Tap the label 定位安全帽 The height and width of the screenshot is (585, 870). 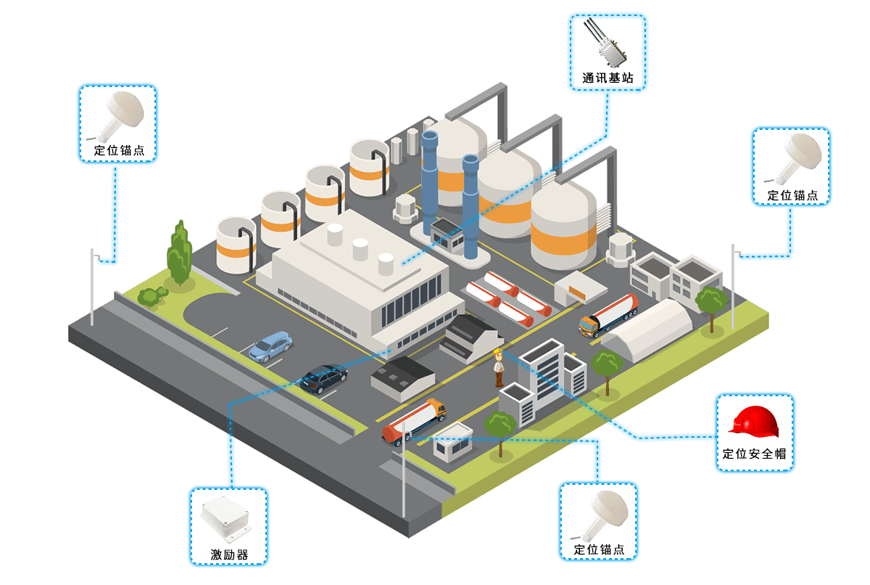(754, 454)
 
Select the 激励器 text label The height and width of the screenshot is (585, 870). (229, 555)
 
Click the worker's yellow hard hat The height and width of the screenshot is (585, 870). (498, 354)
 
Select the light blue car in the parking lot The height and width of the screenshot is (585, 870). (270, 346)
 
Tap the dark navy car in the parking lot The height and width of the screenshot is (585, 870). (324, 378)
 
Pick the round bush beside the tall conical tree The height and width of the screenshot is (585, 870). (152, 296)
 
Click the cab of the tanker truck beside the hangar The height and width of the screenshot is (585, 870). (589, 327)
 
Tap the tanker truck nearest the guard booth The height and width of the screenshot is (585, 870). (413, 422)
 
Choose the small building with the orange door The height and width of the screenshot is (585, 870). (579, 289)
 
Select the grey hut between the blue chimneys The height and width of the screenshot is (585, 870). (448, 234)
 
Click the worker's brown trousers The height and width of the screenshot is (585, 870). (499, 378)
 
